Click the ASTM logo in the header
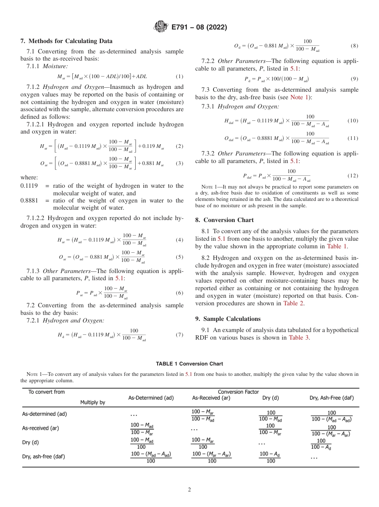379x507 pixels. click(x=161, y=27)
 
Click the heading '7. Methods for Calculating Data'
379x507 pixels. click(x=66, y=41)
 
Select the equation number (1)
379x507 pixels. click(x=180, y=76)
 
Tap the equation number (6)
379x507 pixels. click(x=180, y=293)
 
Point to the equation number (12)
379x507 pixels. click(x=353, y=175)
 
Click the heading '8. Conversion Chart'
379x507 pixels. click(x=224, y=220)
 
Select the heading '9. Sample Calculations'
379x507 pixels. click(x=228, y=319)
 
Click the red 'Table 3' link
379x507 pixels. click(x=299, y=338)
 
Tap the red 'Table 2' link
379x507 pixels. click(x=293, y=303)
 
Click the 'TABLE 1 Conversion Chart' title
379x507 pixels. click(x=189, y=364)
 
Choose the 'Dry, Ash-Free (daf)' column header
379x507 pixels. click(x=332, y=398)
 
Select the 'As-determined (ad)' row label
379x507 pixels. click(x=44, y=414)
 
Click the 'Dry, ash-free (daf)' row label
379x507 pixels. click(x=43, y=456)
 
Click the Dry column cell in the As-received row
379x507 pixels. click(x=270, y=429)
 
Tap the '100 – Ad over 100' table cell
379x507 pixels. click(x=270, y=457)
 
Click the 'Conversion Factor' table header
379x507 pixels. click(x=238, y=392)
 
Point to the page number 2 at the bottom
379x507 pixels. click(x=189, y=490)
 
